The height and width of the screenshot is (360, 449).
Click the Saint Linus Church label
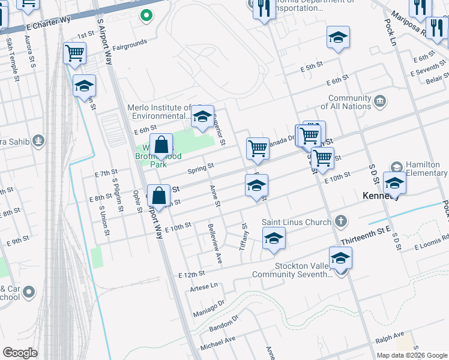pos(296,222)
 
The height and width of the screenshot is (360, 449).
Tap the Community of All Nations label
pos(349,103)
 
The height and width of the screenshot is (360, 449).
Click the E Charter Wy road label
pos(49,24)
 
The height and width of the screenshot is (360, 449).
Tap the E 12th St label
pos(191,274)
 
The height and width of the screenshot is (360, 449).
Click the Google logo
pos(20,353)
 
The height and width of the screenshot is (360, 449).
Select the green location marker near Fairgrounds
pos(145,15)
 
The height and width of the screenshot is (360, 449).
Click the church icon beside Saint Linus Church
pos(340,222)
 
